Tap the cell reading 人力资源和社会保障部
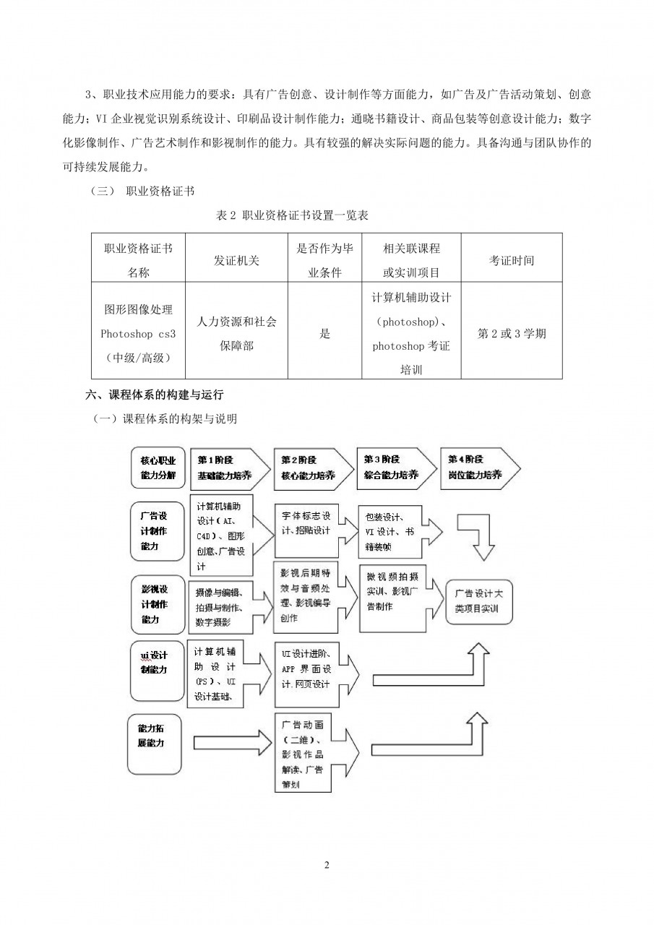pos(236,333)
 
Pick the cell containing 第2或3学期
pos(512,333)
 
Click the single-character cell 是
pos(324,333)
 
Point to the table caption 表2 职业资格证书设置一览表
pos(293,215)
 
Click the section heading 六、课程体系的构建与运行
pos(155,395)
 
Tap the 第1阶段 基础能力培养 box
pos(225,468)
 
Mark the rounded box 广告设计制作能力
pos(157,531)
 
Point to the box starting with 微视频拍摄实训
pos(392,597)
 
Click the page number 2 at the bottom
pos(327,865)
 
